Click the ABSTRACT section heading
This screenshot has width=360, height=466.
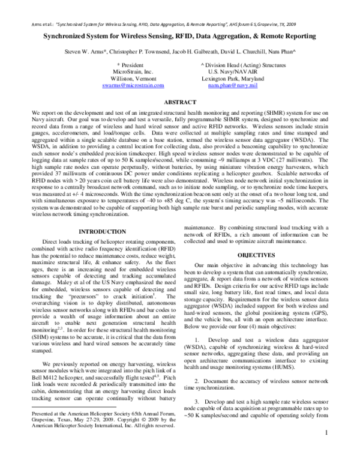pos(180,103)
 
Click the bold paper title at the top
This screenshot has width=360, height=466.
pos(180,37)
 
